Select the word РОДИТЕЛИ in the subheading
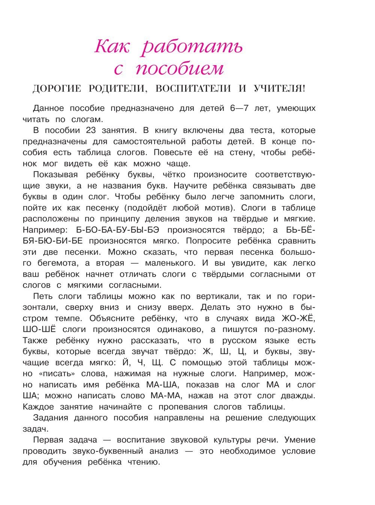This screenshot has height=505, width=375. point(117,89)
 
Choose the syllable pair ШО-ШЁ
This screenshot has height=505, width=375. point(39,330)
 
